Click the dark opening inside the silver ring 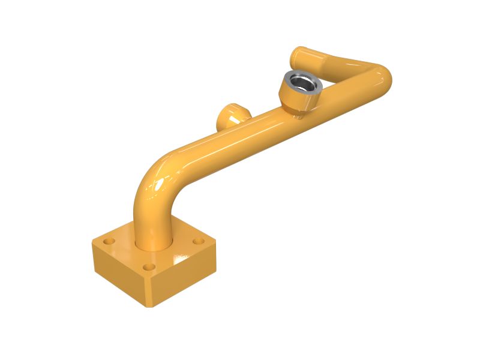click(x=304, y=83)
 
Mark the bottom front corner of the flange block click(x=151, y=306)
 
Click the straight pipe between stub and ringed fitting click(x=264, y=123)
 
